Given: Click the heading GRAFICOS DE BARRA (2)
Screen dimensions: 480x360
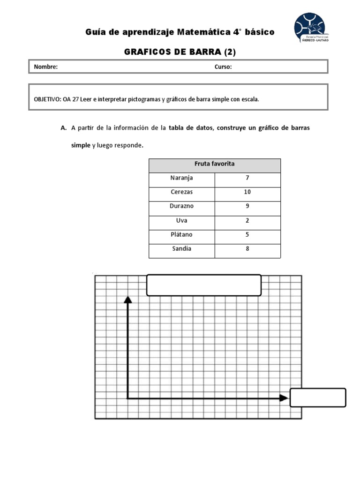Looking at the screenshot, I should pyautogui.click(x=180, y=52).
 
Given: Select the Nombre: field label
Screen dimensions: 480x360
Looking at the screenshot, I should pyautogui.click(x=45, y=67).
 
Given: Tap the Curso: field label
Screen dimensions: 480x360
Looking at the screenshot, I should pyautogui.click(x=223, y=67).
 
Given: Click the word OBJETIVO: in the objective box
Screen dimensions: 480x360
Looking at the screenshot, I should pyautogui.click(x=47, y=99).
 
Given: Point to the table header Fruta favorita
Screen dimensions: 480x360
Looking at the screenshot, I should pyautogui.click(x=214, y=164).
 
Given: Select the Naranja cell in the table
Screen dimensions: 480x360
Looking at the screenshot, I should pyautogui.click(x=181, y=178).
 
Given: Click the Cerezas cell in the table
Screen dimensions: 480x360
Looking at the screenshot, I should pyautogui.click(x=181, y=192).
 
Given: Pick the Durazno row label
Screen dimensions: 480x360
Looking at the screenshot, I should pyautogui.click(x=181, y=206).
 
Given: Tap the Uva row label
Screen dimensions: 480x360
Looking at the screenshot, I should pyautogui.click(x=181, y=220).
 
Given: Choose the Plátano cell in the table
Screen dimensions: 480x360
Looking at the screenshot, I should pyautogui.click(x=181, y=234).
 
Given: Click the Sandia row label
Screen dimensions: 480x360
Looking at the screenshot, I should pyautogui.click(x=181, y=249).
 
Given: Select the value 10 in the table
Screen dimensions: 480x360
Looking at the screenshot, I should pyautogui.click(x=247, y=192).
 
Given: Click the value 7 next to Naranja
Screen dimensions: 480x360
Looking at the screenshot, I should pyautogui.click(x=247, y=178).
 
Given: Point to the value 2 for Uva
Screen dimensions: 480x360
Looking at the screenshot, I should pyautogui.click(x=247, y=220).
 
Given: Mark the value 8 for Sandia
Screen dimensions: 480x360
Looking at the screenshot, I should pyautogui.click(x=247, y=249).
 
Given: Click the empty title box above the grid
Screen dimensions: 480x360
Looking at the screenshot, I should pyautogui.click(x=203, y=285).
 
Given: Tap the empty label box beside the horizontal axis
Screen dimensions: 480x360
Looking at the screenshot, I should pyautogui.click(x=318, y=397).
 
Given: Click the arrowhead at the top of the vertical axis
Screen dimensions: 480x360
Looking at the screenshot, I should pyautogui.click(x=127, y=299).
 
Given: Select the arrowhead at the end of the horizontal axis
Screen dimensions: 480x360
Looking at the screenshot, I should pyautogui.click(x=284, y=398).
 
